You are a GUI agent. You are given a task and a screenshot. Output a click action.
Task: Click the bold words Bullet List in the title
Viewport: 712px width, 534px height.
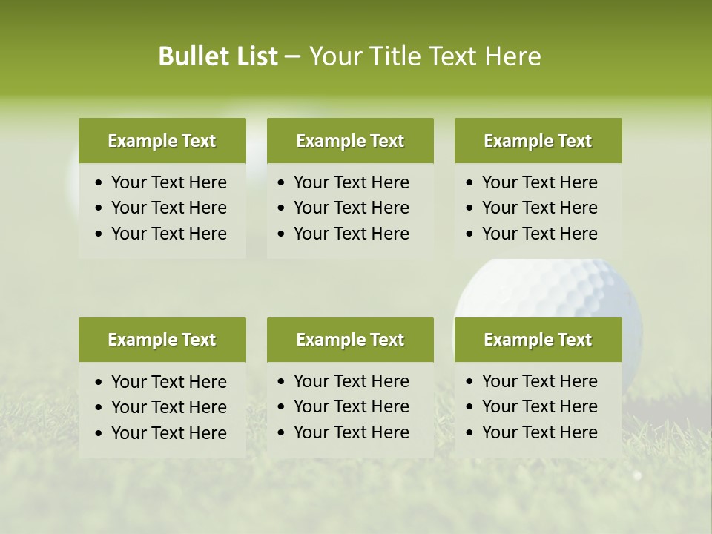pos(218,56)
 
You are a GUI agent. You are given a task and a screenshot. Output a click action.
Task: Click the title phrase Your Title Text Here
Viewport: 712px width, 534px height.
pos(425,56)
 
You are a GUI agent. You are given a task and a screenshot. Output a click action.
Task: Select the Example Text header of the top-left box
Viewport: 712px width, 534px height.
pos(162,141)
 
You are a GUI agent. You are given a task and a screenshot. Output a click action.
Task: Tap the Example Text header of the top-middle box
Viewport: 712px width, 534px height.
pos(350,141)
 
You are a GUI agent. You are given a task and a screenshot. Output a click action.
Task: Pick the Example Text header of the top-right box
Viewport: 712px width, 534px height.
pos(538,141)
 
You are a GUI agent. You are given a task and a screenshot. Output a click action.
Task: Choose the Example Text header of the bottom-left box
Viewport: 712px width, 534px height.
pos(162,340)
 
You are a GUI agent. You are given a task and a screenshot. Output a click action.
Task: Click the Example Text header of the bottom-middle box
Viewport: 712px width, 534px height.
pos(350,340)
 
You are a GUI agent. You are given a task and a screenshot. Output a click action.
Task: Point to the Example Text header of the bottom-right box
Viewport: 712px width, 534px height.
pos(538,340)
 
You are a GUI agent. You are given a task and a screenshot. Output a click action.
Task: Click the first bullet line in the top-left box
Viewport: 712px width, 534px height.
pos(168,182)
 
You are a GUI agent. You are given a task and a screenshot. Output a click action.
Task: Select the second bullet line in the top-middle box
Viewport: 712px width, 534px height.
pos(351,208)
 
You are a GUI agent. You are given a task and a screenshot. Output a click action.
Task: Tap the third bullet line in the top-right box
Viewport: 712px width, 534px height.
pos(539,234)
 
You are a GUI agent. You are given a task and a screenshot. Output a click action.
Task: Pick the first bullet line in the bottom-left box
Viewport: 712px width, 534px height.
pos(168,382)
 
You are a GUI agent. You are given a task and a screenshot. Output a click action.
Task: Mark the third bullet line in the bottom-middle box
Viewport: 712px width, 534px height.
pos(351,432)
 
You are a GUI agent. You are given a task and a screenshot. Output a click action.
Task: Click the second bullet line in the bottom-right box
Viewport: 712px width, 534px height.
pos(539,406)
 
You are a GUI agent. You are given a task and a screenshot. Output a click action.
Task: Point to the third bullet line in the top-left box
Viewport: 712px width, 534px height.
pos(168,234)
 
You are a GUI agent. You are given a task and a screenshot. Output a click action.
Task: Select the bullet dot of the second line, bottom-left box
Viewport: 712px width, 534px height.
pos(99,408)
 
